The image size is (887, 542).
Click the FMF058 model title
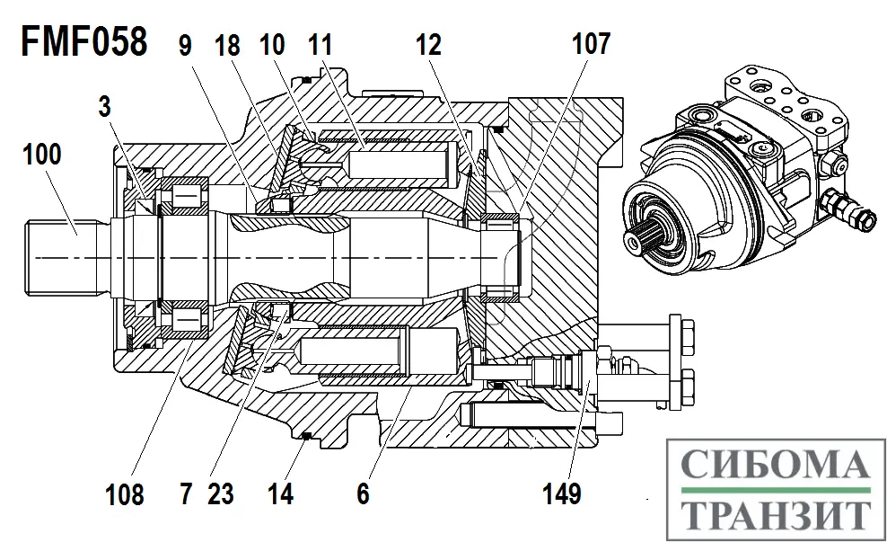[83, 42]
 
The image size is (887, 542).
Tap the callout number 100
[43, 155]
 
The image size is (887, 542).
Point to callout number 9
[185, 44]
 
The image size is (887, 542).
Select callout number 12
[427, 44]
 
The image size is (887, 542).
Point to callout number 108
[123, 493]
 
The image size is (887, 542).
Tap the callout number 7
[186, 493]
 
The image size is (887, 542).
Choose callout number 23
[220, 493]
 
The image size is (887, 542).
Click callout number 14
[281, 493]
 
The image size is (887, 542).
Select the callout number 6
[363, 493]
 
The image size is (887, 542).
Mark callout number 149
[562, 493]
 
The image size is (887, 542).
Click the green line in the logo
[774, 490]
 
